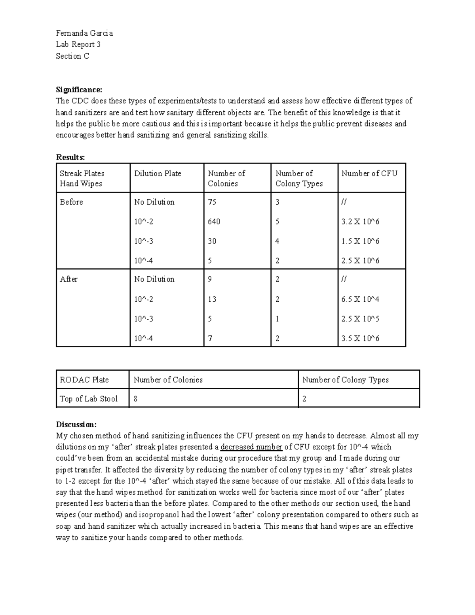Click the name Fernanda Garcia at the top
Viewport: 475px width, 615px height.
[x=84, y=33]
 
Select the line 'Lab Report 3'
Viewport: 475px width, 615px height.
[x=78, y=44]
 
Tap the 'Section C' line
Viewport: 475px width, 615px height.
[x=72, y=56]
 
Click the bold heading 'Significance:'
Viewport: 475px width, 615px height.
[x=79, y=89]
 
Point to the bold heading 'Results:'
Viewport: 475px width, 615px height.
[x=70, y=157]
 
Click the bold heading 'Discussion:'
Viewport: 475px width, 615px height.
[x=76, y=425]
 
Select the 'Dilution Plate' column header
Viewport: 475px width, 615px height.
[x=158, y=173]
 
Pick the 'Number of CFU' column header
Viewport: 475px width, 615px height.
[x=369, y=173]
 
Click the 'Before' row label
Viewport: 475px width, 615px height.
[x=71, y=202]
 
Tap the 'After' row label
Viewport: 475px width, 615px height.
[x=68, y=279]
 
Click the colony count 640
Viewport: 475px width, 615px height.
[x=214, y=222]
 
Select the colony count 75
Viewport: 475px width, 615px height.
[x=212, y=202]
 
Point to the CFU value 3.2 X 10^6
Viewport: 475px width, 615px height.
[x=360, y=222]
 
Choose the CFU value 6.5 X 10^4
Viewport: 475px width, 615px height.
[x=360, y=299]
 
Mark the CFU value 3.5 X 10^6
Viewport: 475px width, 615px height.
[x=360, y=339]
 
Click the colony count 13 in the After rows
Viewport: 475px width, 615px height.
[x=212, y=299]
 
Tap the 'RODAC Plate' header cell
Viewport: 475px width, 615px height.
[x=84, y=380]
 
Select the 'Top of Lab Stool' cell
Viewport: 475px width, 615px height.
[x=89, y=399]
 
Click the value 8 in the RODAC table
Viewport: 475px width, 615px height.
[x=136, y=399]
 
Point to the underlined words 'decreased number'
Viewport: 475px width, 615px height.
[x=251, y=447]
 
